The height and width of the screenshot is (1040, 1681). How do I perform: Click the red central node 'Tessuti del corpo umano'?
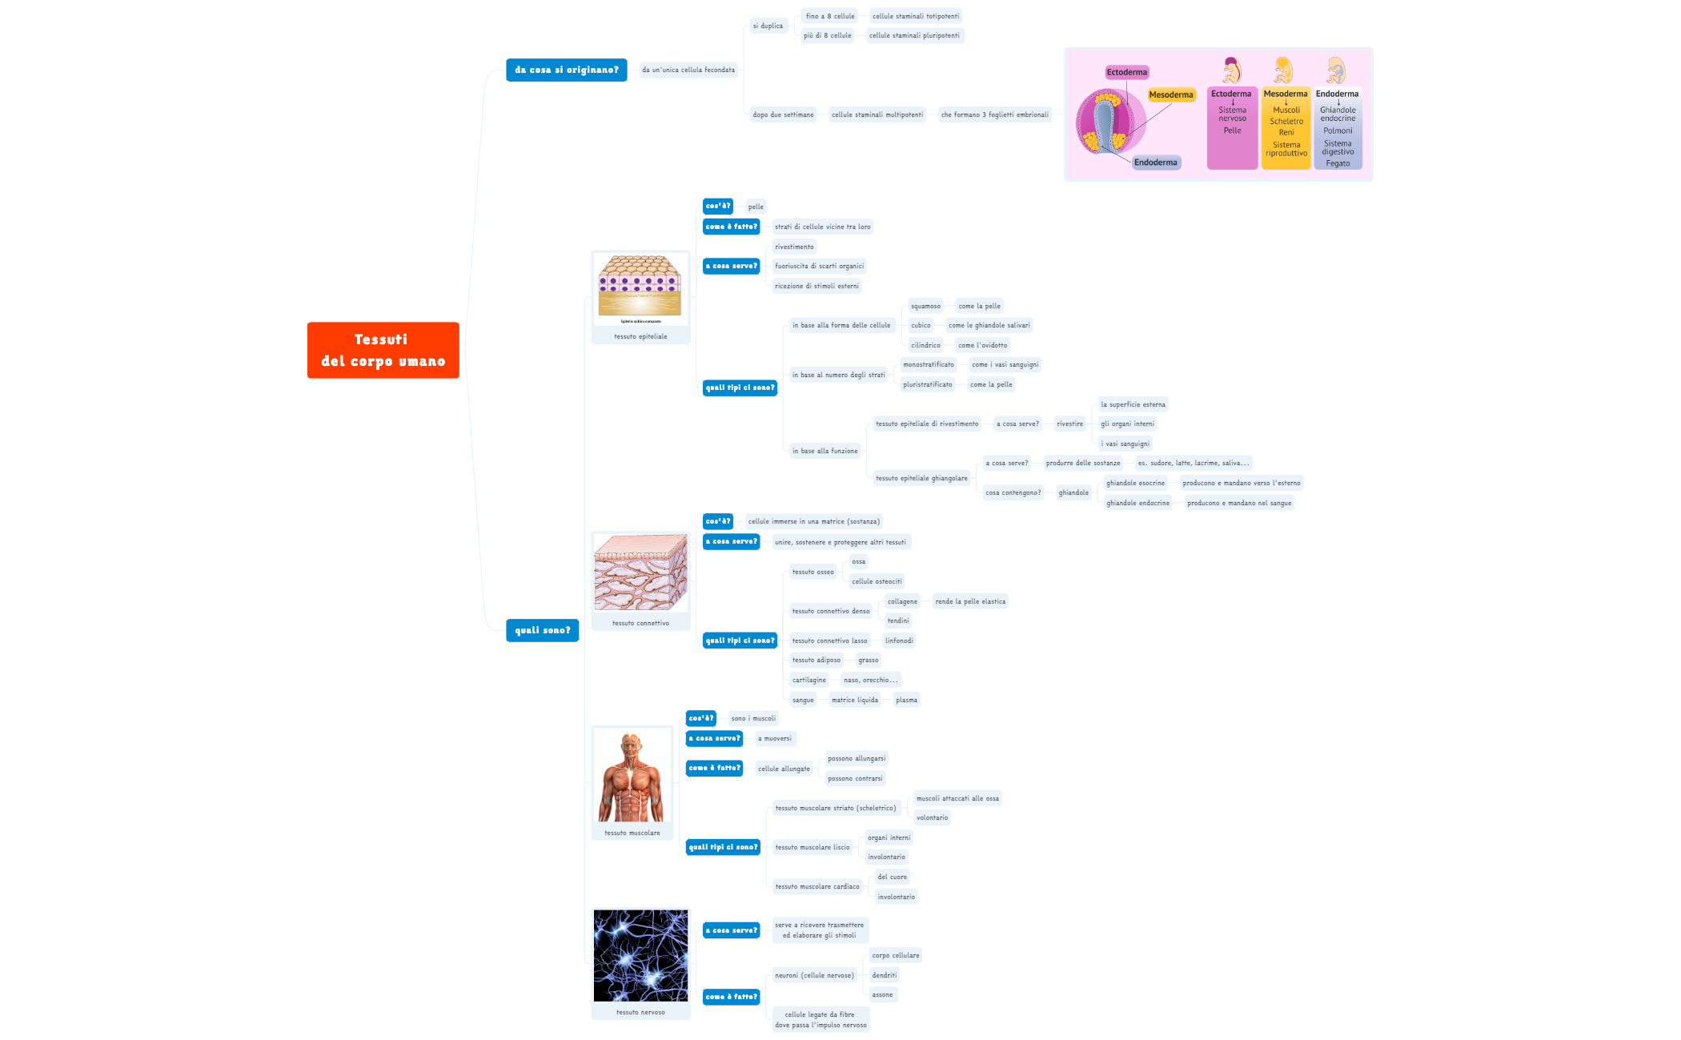coord(383,350)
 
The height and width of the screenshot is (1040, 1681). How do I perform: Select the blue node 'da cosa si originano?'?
coord(566,70)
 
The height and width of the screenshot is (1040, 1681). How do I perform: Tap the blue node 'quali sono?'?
coord(542,630)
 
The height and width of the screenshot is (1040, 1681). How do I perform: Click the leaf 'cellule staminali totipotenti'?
coord(915,16)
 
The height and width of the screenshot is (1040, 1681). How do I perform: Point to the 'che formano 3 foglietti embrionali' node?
coord(994,114)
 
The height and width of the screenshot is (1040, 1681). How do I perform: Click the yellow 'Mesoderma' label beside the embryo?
coord(1170,94)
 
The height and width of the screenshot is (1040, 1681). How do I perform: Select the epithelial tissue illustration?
coord(640,287)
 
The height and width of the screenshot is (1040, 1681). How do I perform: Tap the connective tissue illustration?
coord(640,572)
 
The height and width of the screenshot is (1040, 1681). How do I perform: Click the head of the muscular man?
coord(632,745)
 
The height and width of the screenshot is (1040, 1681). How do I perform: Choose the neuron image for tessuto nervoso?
coord(640,955)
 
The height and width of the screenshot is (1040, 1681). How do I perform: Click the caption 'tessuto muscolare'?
coord(632,833)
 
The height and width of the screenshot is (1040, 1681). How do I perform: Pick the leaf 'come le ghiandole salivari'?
coord(989,325)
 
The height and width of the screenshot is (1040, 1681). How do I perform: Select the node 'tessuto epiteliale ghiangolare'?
coord(921,478)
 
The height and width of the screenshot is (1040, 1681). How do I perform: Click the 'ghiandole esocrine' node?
coord(1135,483)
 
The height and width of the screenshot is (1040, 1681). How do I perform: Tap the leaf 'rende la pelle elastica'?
coord(970,601)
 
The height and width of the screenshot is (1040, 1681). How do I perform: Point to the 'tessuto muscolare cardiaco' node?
coord(817,886)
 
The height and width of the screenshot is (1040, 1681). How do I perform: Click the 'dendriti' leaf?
coord(884,975)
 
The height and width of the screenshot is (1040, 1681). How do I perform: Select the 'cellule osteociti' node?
coord(877,581)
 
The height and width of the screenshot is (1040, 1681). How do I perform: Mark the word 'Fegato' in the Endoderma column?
coord(1338,163)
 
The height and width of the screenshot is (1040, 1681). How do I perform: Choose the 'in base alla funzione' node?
coord(824,451)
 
